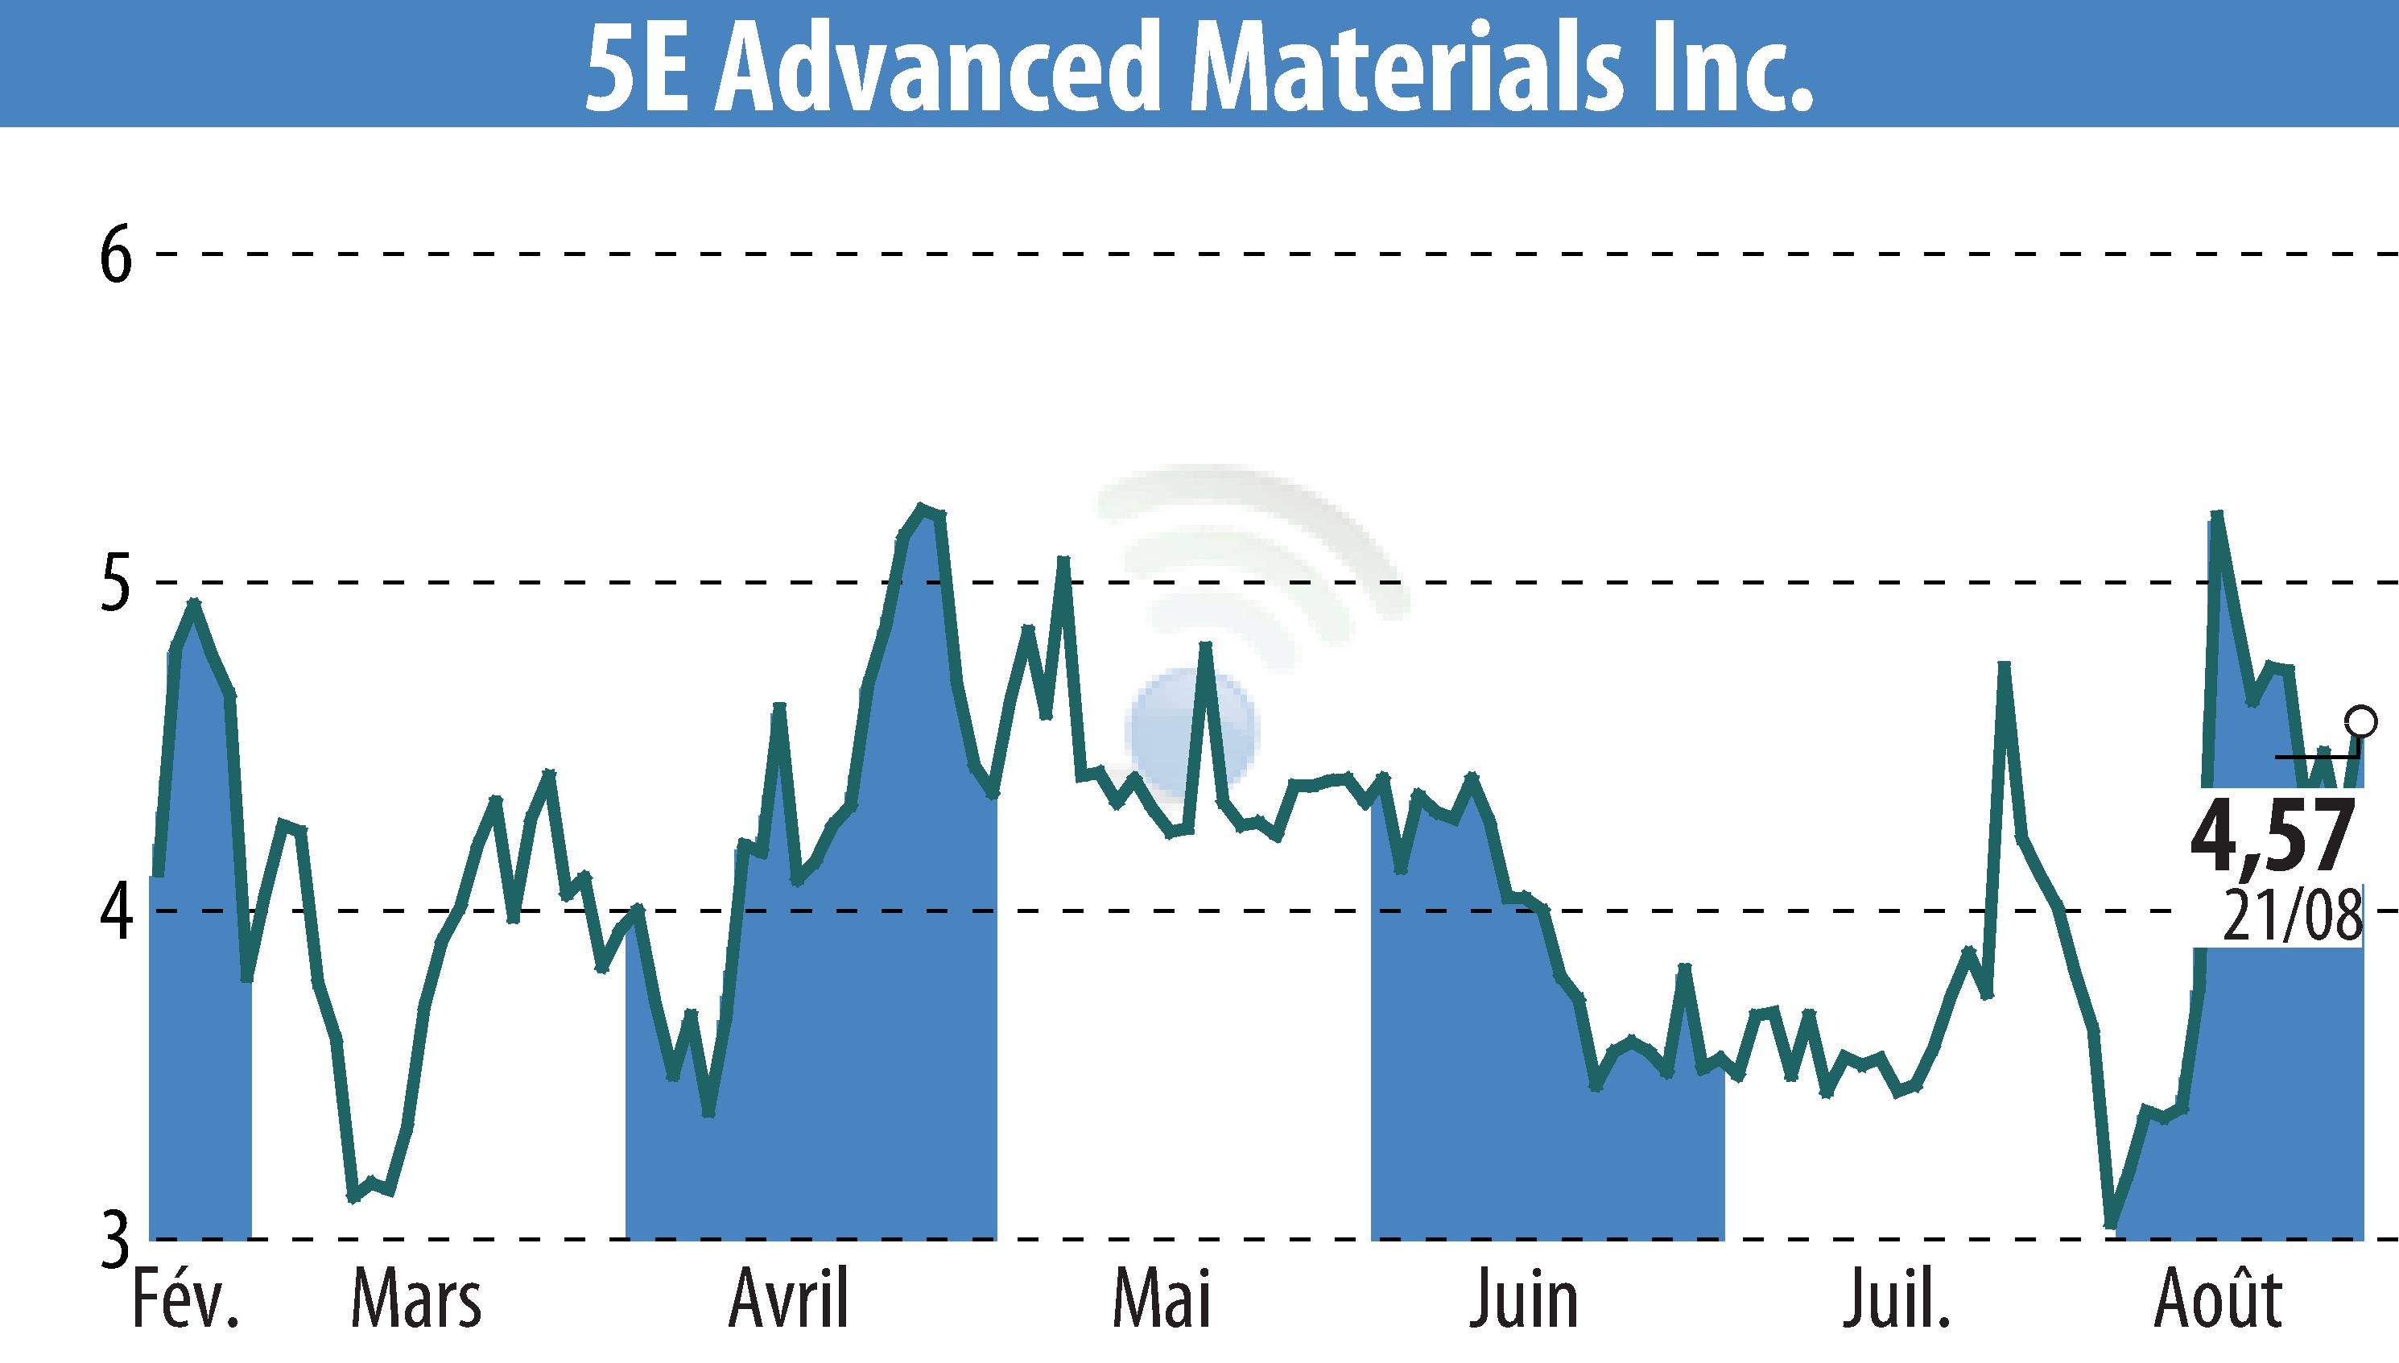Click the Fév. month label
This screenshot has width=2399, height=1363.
[x=186, y=1300]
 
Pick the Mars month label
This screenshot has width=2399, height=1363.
[x=416, y=1300]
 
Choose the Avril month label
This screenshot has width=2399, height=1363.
[x=789, y=1300]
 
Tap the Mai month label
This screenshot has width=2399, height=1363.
[x=1162, y=1300]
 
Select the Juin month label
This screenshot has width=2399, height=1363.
[x=1523, y=1300]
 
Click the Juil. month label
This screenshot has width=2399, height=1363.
[x=1897, y=1300]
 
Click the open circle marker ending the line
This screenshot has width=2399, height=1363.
[x=2361, y=721]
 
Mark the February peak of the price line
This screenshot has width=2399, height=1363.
[x=194, y=604]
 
